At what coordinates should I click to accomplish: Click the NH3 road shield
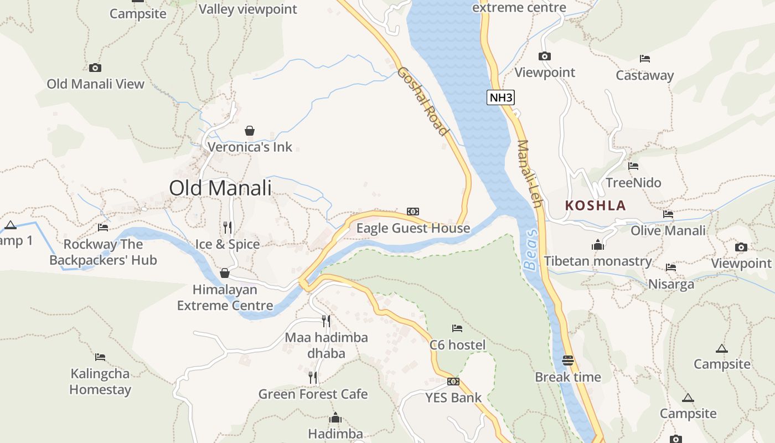pos(501,98)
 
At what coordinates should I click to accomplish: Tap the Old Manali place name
pos(220,188)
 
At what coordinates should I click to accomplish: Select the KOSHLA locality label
pos(595,205)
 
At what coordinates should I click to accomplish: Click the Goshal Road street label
pos(422,101)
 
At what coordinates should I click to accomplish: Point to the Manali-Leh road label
pos(529,174)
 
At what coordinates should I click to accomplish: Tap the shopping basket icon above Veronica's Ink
pos(250,131)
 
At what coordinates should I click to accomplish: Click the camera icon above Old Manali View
pos(95,68)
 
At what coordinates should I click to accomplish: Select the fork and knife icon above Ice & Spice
pos(227,227)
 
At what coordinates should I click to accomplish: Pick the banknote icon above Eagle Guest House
pos(413,211)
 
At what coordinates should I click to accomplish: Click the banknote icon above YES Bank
pos(453,381)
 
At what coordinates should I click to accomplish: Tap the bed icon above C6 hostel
pos(457,328)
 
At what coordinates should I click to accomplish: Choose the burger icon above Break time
pos(567,360)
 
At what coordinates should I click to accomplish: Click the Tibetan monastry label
pos(597,261)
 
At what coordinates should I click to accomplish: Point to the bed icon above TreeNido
pos(634,166)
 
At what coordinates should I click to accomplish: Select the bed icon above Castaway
pos(645,58)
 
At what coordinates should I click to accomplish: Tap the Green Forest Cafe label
pos(313,394)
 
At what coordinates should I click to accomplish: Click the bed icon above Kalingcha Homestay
pos(100,357)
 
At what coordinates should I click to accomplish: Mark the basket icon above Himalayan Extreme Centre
pos(225,273)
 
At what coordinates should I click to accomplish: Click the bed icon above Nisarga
pos(671,267)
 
